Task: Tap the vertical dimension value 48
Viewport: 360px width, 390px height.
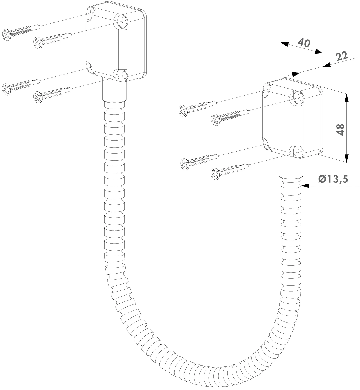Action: [341, 130]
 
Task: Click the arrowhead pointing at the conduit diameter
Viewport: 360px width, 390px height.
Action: [305, 186]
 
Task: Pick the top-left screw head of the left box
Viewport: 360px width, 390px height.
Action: [6, 35]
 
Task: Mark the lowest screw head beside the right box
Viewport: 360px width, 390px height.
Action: [215, 173]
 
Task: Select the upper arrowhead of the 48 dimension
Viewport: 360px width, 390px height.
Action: [347, 97]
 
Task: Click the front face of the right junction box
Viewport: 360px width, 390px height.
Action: [278, 118]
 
